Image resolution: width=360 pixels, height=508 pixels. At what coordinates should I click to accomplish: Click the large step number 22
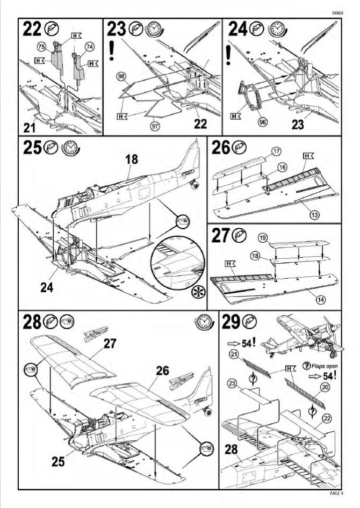coord(32,28)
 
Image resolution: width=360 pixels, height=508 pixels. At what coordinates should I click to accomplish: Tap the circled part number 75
coord(41,47)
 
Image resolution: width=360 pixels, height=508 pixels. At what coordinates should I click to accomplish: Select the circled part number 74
coord(90,47)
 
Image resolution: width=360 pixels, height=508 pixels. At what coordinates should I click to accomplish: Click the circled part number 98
coord(121,76)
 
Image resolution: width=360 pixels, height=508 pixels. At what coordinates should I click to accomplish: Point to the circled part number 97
coord(155,125)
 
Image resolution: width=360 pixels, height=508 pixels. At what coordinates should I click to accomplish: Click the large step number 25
coord(32,148)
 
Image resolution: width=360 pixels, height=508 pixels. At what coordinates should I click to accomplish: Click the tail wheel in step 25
coord(195,185)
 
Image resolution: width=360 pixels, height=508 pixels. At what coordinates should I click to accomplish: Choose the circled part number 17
coord(276,151)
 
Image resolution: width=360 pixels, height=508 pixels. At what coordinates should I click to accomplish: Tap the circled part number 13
coord(314,214)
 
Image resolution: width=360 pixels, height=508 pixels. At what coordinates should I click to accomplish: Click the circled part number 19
coord(263,238)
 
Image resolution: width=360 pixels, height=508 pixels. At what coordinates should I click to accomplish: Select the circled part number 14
coord(320,300)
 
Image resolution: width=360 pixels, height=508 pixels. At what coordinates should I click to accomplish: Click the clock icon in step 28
coord(204,322)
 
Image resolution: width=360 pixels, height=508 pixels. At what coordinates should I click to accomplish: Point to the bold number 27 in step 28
coord(110,344)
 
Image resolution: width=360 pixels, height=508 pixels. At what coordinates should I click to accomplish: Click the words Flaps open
coord(325,366)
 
